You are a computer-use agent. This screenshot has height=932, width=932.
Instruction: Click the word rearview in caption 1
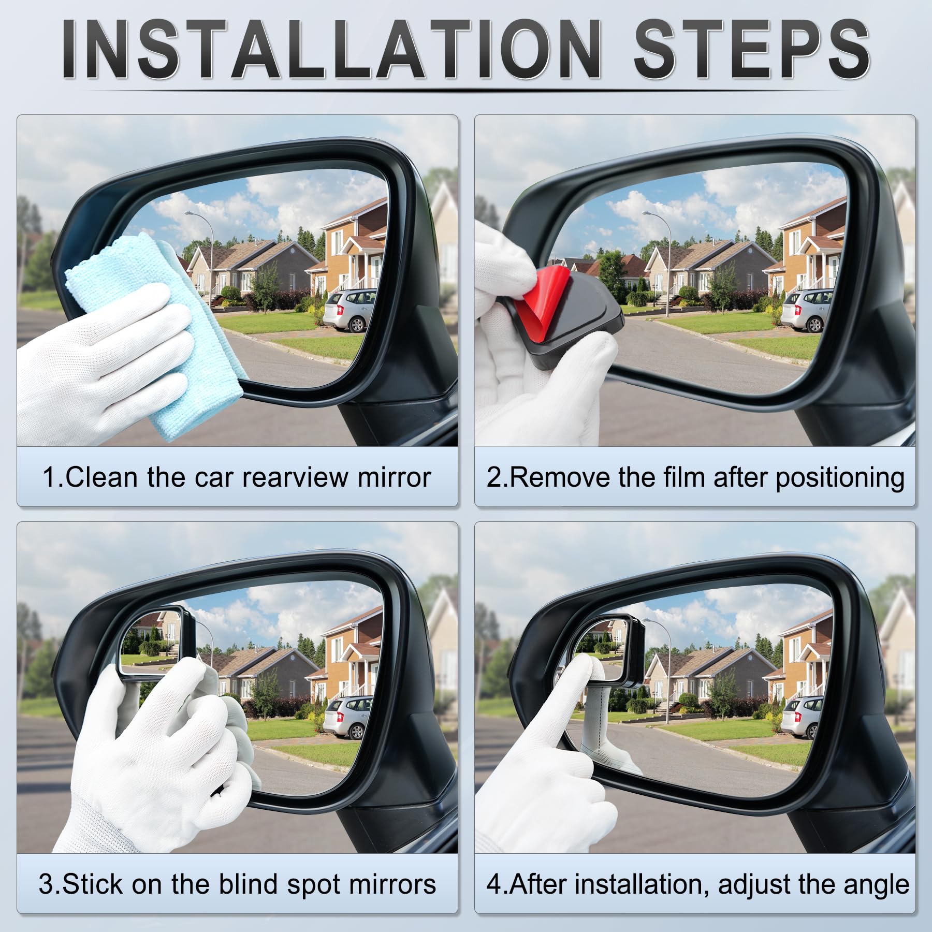pos(295,477)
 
